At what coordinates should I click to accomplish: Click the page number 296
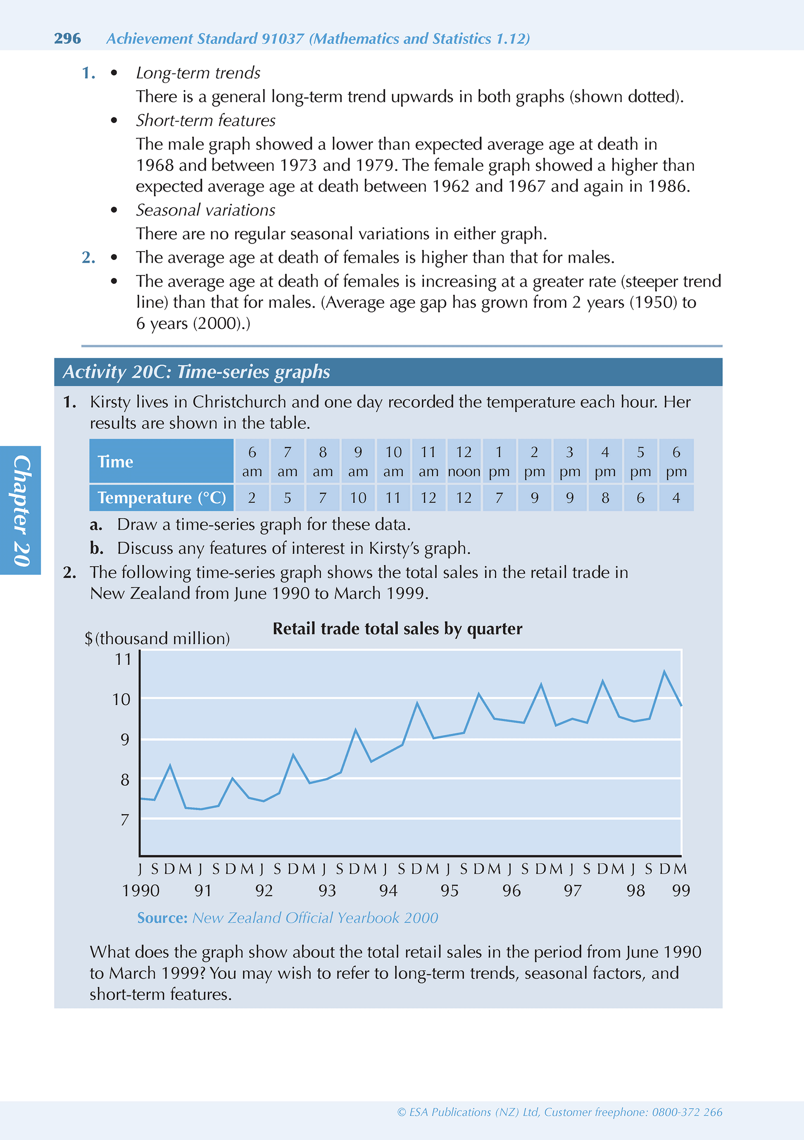pos(67,39)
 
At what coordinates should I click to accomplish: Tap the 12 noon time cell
pos(464,461)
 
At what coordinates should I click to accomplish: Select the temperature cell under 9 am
pos(358,497)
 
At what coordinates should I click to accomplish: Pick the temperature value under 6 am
pos(252,497)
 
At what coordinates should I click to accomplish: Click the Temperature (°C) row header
pos(162,497)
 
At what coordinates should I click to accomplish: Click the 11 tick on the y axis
pos(123,659)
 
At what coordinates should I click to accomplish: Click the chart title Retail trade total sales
pos(397,629)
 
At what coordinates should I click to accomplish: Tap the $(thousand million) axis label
pos(157,639)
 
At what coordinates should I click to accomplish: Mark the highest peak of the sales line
pos(664,672)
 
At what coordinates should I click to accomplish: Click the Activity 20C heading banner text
pos(197,372)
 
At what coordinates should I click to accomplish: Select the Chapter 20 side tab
pos(21,511)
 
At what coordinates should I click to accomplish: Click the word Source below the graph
pos(162,917)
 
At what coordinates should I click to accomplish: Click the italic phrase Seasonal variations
pos(206,210)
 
